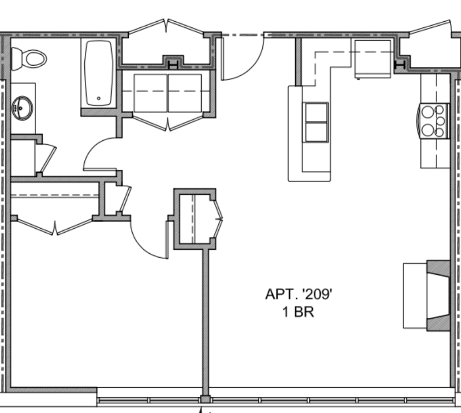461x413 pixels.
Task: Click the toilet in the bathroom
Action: click(x=30, y=59)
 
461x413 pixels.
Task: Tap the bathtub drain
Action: click(x=99, y=98)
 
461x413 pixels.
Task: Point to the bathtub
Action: click(x=99, y=72)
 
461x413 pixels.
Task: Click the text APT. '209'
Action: click(x=298, y=294)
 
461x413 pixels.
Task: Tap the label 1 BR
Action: click(x=298, y=312)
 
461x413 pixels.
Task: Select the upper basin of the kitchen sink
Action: click(x=316, y=112)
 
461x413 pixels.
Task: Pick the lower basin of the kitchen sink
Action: click(x=316, y=132)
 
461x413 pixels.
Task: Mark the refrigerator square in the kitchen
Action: click(x=373, y=58)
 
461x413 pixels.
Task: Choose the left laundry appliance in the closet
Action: click(x=150, y=93)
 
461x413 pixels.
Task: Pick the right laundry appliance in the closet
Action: click(x=185, y=93)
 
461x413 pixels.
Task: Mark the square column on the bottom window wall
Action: click(x=206, y=399)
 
